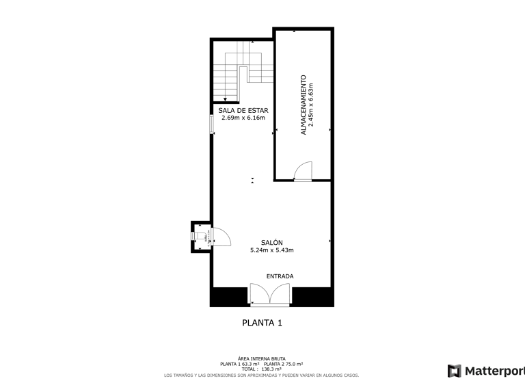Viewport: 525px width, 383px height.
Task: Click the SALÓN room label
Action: click(x=271, y=242)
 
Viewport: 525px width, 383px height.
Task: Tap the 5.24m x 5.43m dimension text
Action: click(x=271, y=250)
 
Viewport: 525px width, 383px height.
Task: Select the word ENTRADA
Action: click(x=280, y=276)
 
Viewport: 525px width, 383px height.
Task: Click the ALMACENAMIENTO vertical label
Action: click(x=304, y=105)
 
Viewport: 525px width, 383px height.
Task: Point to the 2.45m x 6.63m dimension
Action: click(x=312, y=105)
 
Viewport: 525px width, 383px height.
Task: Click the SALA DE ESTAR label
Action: click(x=243, y=110)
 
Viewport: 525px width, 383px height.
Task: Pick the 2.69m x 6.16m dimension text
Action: click(x=243, y=118)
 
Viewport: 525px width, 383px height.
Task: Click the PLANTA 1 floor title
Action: click(x=262, y=323)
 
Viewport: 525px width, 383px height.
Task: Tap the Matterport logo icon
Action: click(x=454, y=371)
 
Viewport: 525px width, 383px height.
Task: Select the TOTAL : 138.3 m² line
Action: click(x=262, y=369)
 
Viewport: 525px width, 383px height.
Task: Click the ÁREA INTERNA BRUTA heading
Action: click(x=262, y=358)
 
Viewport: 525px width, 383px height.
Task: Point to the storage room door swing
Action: click(x=302, y=170)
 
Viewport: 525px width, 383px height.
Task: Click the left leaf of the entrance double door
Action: click(x=261, y=294)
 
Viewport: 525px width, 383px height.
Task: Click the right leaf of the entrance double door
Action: click(x=281, y=294)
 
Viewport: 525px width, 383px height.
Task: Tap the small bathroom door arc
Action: click(x=221, y=236)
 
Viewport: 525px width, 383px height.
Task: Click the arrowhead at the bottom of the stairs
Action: click(x=225, y=100)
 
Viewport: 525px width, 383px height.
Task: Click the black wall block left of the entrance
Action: click(x=228, y=297)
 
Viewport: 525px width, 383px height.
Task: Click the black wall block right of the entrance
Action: click(x=312, y=297)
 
